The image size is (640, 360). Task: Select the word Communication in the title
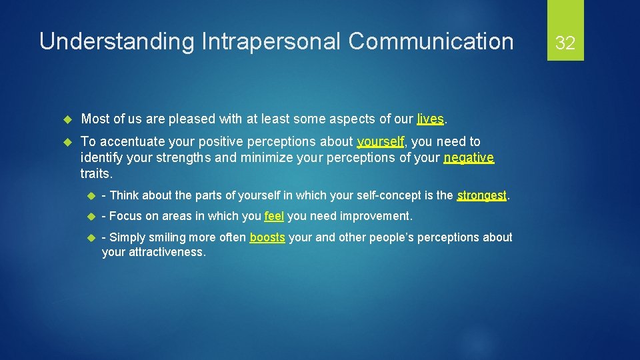[431, 41]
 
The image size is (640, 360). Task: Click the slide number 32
[565, 43]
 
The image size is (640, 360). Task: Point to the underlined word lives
[430, 119]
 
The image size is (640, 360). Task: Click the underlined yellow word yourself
[381, 142]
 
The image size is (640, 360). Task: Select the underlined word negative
[469, 158]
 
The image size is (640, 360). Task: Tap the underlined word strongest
[482, 195]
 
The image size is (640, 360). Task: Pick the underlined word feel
[274, 216]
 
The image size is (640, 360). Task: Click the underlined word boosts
[267, 237]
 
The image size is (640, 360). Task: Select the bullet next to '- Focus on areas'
[90, 217]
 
